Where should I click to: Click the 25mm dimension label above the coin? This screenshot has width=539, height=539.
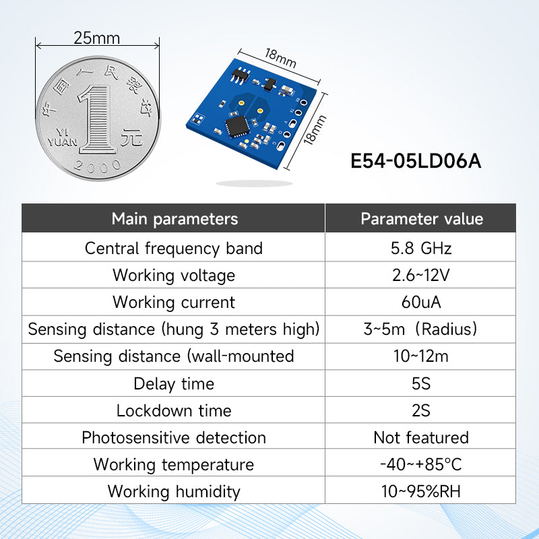[x=96, y=38]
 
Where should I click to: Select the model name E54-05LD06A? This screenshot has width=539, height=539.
[x=416, y=162]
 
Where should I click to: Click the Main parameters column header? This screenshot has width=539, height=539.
[x=175, y=219]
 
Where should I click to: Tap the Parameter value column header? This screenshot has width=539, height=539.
[x=421, y=219]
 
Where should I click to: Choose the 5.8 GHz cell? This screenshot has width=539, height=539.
[x=421, y=248]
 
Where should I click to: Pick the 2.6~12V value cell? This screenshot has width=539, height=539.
[x=421, y=275]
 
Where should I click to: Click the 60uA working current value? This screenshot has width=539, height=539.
[x=421, y=302]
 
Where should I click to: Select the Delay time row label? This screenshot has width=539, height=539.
[x=174, y=383]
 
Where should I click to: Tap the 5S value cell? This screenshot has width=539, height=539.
[x=421, y=383]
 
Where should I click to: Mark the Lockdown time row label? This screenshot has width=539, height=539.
[x=174, y=410]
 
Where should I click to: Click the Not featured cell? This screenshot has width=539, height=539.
[x=421, y=437]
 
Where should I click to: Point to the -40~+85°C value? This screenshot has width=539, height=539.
[x=421, y=464]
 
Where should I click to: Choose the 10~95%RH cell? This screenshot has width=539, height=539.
[x=421, y=491]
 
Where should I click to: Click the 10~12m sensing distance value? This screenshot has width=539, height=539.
[x=421, y=356]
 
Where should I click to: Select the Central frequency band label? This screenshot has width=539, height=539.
[x=174, y=248]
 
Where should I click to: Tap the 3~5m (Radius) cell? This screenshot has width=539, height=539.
[x=421, y=329]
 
